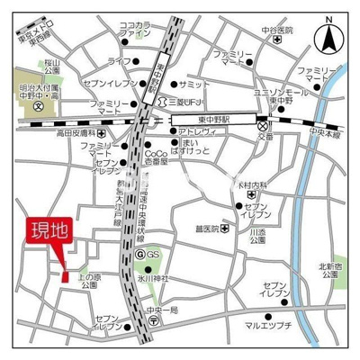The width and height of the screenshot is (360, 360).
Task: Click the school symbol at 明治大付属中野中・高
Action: click(x=37, y=106)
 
